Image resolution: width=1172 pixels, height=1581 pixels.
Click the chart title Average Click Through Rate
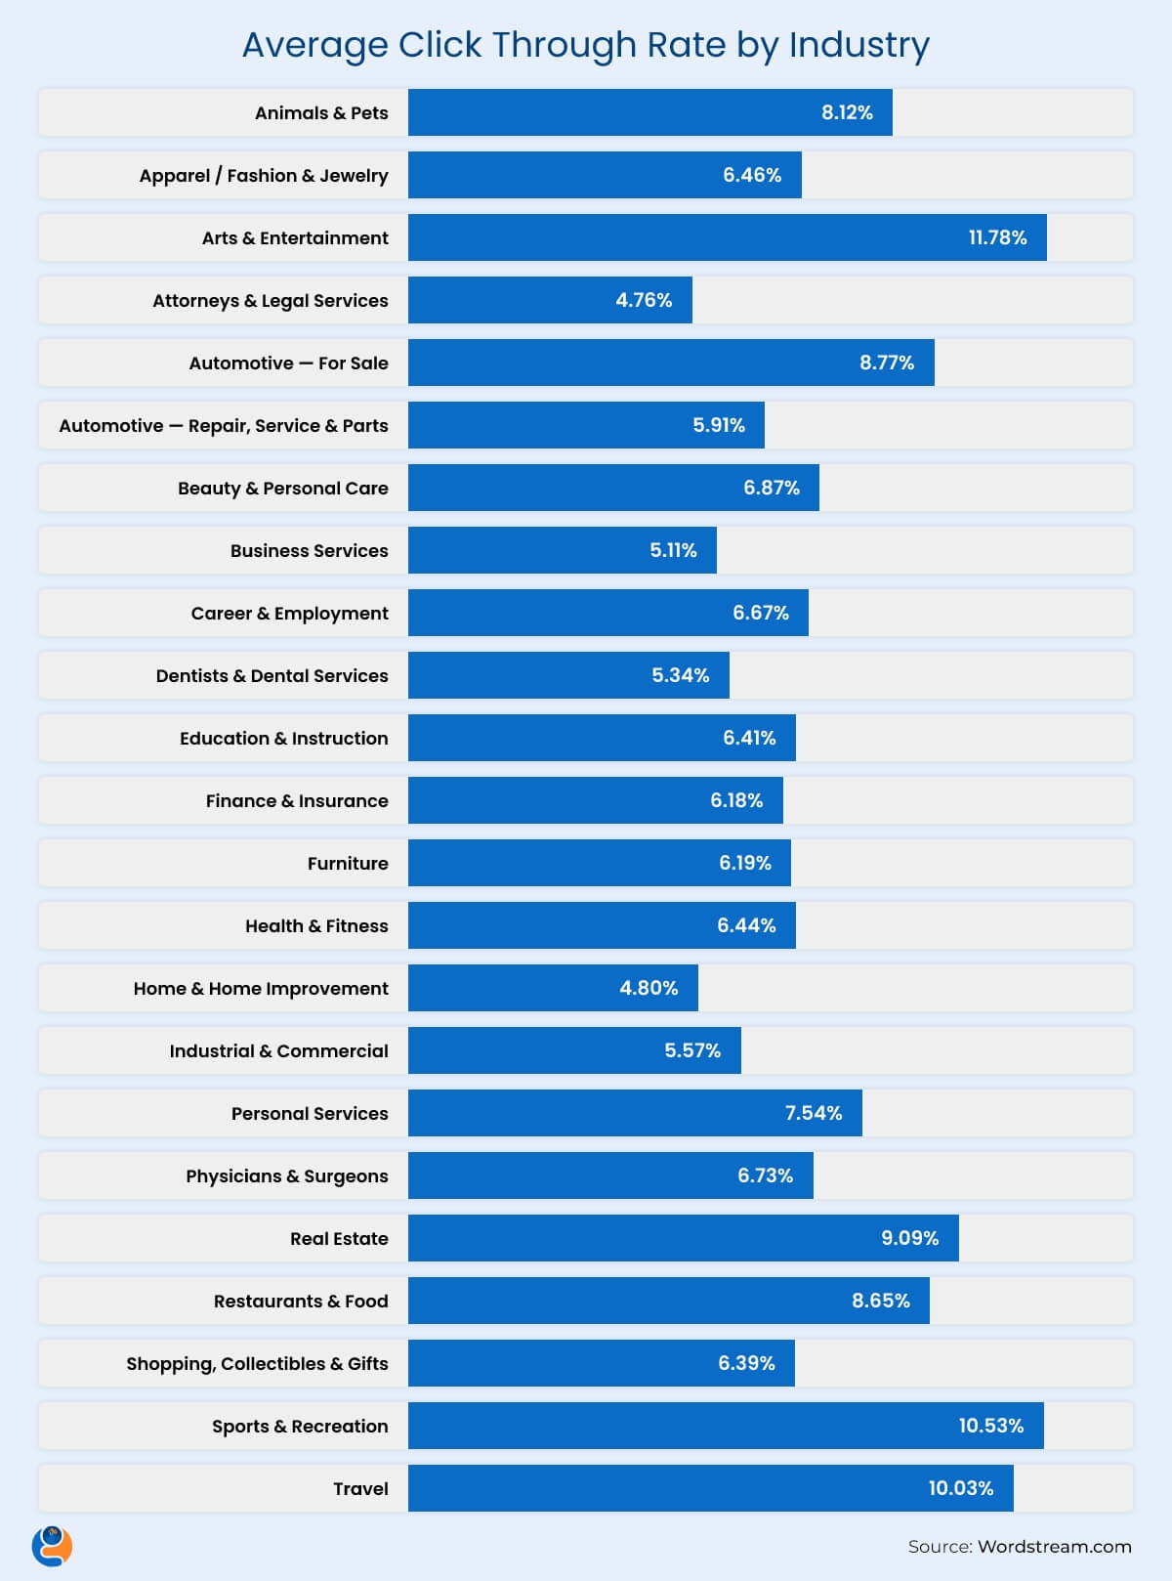coord(585,45)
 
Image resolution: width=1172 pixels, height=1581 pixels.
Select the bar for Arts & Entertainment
coord(684,237)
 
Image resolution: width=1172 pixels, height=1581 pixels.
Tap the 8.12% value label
coord(847,112)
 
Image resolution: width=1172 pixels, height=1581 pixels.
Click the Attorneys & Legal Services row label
coord(270,300)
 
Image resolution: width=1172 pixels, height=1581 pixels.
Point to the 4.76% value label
coord(644,300)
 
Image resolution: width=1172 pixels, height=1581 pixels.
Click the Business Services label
coord(309,550)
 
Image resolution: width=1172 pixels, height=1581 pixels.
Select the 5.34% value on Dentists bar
coord(681,675)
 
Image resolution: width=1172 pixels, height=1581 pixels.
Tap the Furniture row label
coord(348,863)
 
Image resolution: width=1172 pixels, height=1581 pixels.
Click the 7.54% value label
coord(814,1113)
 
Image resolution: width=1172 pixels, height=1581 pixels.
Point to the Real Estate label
coord(339,1238)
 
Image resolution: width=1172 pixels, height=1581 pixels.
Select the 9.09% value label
coord(909,1238)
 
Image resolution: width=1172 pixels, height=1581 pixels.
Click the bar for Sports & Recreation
coord(684,1426)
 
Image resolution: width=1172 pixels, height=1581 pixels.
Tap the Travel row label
coord(360,1488)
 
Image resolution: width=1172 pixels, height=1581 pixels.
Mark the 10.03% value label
coord(961,1488)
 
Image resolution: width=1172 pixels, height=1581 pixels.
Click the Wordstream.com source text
coord(1054,1547)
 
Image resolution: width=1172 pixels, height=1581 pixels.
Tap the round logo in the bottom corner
coord(52,1547)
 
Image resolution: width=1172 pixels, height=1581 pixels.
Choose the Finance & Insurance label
coord(297,800)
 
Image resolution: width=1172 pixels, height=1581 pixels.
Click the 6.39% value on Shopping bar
coord(746,1363)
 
